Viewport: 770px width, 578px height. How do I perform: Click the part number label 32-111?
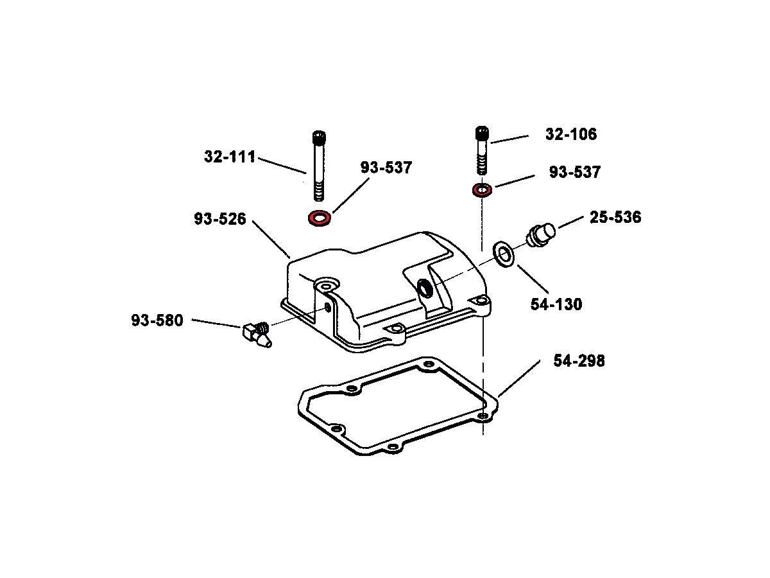(x=230, y=157)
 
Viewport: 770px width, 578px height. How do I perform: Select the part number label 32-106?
(x=570, y=134)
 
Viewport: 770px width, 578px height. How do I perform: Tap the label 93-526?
(x=220, y=219)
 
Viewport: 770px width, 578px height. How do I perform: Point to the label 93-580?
(x=157, y=320)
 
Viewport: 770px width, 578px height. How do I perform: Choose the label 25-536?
(x=615, y=217)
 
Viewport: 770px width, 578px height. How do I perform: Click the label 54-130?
(x=556, y=304)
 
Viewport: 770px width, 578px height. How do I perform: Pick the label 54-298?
(x=579, y=361)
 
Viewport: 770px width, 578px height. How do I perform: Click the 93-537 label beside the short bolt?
(x=574, y=172)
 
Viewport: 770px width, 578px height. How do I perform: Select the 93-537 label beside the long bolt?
(x=386, y=168)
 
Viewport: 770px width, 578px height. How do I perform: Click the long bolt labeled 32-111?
(x=318, y=166)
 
